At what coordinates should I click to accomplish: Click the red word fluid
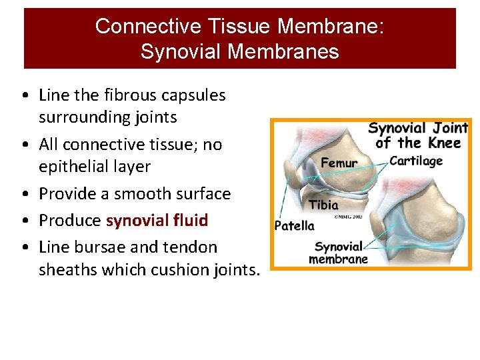click(190, 220)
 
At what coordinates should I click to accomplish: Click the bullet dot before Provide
click(25, 195)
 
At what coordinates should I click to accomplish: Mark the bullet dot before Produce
click(25, 221)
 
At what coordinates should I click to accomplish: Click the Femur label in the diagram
click(339, 163)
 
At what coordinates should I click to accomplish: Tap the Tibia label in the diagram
click(323, 205)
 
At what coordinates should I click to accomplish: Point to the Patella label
click(294, 225)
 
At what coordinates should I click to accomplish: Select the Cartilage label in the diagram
click(416, 161)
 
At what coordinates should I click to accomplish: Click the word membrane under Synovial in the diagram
click(338, 259)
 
